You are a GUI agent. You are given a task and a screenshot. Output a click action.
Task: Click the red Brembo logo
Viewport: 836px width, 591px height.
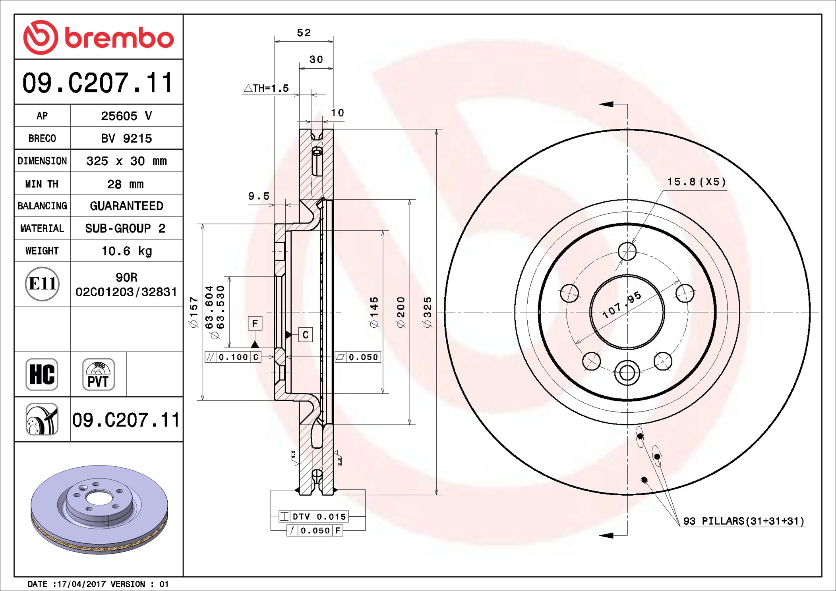pyautogui.click(x=98, y=37)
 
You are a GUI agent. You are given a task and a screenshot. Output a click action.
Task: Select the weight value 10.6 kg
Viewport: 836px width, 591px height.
pyautogui.click(x=126, y=251)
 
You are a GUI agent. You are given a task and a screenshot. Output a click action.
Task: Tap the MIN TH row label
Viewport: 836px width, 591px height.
pyautogui.click(x=42, y=184)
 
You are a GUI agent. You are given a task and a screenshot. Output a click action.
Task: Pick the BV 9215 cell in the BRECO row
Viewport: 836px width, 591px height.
pyautogui.click(x=126, y=138)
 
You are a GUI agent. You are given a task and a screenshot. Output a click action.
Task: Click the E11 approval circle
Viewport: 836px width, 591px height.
pyautogui.click(x=42, y=284)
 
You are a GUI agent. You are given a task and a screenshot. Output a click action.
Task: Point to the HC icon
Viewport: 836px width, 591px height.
pyautogui.click(x=42, y=374)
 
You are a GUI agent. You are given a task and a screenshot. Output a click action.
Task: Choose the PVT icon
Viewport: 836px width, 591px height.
pyautogui.click(x=98, y=374)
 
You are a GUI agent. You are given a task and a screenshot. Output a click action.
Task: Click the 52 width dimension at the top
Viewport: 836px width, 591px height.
pyautogui.click(x=304, y=33)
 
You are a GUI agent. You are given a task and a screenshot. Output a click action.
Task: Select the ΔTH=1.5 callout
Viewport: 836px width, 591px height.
pyautogui.click(x=266, y=88)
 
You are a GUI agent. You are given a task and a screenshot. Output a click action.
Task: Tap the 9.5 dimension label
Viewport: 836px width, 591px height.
pyautogui.click(x=259, y=196)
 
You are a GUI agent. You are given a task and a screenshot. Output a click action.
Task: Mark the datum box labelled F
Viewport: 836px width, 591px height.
pyautogui.click(x=255, y=323)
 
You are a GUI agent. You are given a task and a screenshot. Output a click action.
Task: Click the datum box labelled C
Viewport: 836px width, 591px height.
pyautogui.click(x=305, y=335)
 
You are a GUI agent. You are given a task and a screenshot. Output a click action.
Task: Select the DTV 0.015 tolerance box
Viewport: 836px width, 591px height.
pyautogui.click(x=314, y=516)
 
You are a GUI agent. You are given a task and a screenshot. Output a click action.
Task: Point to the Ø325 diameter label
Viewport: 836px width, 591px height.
pyautogui.click(x=428, y=312)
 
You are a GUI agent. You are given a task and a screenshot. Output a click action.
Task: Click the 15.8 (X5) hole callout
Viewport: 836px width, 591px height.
pyautogui.click(x=696, y=182)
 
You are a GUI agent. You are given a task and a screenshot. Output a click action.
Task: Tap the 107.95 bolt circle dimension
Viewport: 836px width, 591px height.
pyautogui.click(x=621, y=305)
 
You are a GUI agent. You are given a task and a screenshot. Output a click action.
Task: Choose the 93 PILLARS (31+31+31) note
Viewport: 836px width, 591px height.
pyautogui.click(x=743, y=521)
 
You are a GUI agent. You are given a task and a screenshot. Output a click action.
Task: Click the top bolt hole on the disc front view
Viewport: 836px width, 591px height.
pyautogui.click(x=627, y=251)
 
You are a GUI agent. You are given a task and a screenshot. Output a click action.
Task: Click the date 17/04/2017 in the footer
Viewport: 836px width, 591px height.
pyautogui.click(x=81, y=584)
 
